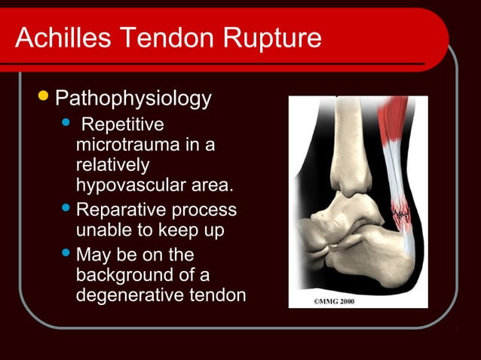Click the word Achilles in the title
click(57, 38)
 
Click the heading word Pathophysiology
click(133, 99)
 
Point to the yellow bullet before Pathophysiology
click(44, 97)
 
